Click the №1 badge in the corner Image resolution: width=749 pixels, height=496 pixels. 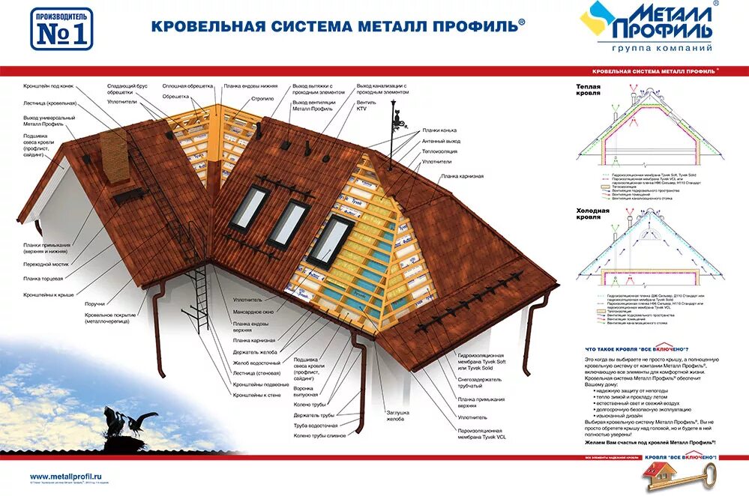pyautogui.click(x=61, y=29)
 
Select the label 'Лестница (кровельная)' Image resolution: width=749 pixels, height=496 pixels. pyautogui.click(x=49, y=103)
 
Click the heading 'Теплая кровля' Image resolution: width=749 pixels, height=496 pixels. pyautogui.click(x=589, y=91)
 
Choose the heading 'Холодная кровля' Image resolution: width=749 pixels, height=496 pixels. pyautogui.click(x=593, y=214)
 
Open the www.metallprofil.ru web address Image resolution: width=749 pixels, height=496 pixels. pyautogui.click(x=64, y=476)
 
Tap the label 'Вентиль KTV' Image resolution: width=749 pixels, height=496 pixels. pyautogui.click(x=367, y=106)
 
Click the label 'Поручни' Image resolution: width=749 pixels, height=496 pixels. pyautogui.click(x=95, y=303)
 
